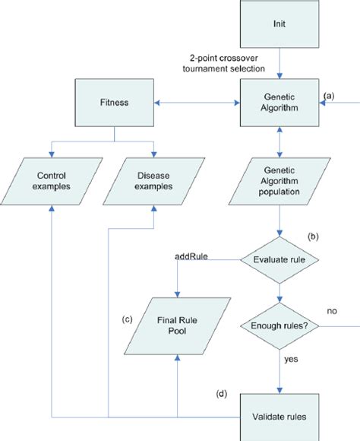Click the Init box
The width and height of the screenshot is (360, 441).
pos(281,25)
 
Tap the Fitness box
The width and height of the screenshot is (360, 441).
pos(113,103)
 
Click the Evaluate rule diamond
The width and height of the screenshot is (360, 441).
pos(281,260)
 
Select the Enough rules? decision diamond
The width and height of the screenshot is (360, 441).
pos(281,326)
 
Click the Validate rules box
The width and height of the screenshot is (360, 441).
pos(281,417)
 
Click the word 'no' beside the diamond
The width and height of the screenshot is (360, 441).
pos(332,311)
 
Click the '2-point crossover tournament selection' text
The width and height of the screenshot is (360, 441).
pos(229,63)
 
